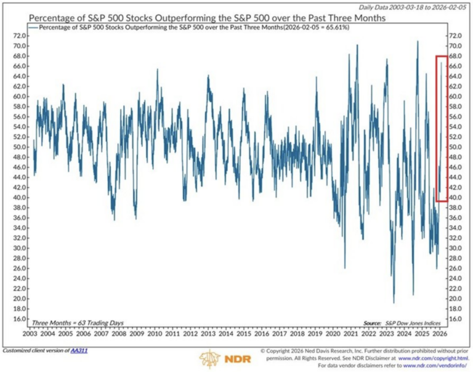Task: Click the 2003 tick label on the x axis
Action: tap(30, 334)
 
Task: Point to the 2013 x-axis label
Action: tap(209, 334)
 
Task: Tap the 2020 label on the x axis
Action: tap(334, 334)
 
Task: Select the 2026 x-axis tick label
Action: tap(441, 334)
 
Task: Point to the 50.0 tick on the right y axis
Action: tap(456, 147)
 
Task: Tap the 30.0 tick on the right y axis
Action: tap(456, 248)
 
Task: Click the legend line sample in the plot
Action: tap(33, 28)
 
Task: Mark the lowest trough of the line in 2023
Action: tap(394, 302)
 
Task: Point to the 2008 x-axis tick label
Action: tap(119, 334)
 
